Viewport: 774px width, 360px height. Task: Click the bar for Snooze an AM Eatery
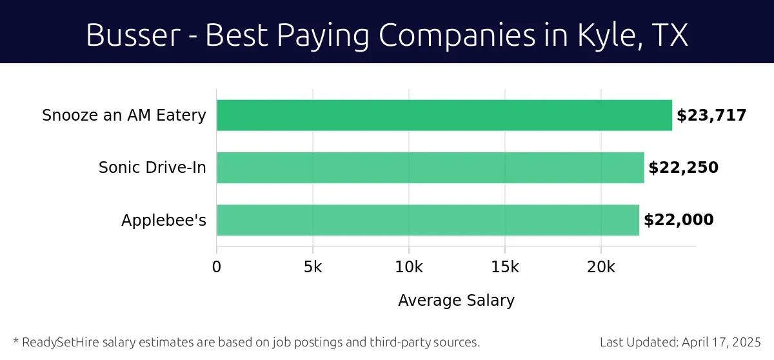[x=444, y=115]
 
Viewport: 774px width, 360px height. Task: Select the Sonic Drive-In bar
[x=430, y=168]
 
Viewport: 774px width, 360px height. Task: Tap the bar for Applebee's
[x=428, y=220]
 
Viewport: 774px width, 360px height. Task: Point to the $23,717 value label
[x=711, y=115]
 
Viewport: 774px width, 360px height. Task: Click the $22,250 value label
[x=683, y=168]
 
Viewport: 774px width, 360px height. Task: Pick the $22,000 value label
[x=679, y=220]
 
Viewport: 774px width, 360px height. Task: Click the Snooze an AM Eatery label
[x=124, y=115]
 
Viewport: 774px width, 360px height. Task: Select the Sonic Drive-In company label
[x=152, y=168]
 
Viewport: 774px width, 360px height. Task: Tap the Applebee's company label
[x=164, y=220]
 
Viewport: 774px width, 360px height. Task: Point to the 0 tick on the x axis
[x=217, y=266]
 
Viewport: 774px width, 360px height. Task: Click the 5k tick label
[x=313, y=266]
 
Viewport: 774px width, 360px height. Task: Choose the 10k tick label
[x=409, y=266]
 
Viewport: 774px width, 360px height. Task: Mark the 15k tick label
[x=505, y=266]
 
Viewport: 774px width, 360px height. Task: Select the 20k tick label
[x=601, y=266]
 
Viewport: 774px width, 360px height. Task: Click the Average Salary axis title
[x=456, y=301]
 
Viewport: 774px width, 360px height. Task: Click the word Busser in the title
[x=133, y=35]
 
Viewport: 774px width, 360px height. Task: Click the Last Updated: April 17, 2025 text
[x=680, y=342]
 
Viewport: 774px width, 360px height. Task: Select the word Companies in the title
[x=457, y=35]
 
